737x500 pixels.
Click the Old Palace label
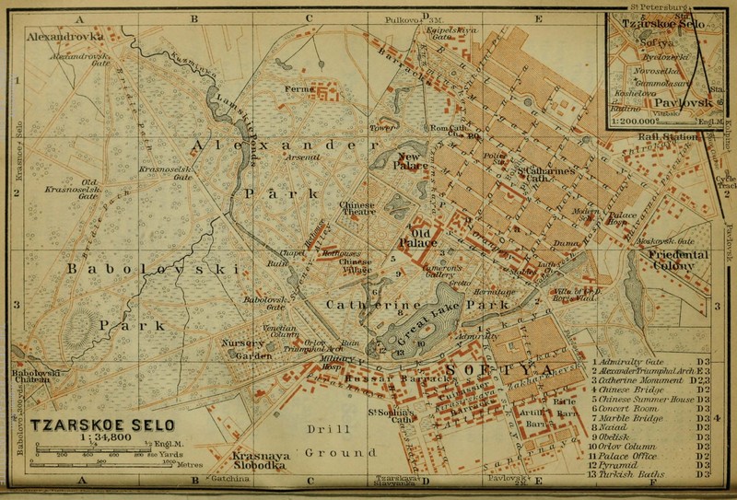click(415, 238)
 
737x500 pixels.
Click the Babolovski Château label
click(36, 377)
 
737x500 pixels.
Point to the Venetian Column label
click(277, 331)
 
